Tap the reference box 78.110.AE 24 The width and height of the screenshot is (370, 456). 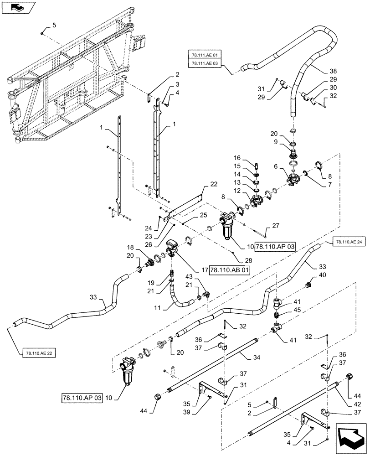tap(349, 242)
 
